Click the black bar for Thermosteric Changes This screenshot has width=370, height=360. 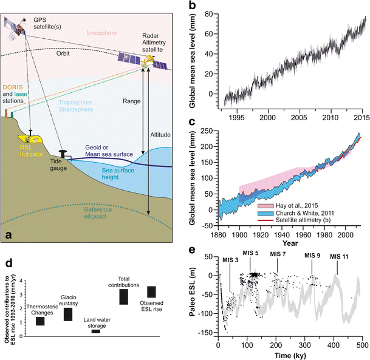click(x=40, y=321)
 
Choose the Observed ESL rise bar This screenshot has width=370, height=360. click(x=151, y=292)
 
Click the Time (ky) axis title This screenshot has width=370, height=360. click(x=289, y=354)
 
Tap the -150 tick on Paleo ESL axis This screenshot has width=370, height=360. click(x=207, y=333)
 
